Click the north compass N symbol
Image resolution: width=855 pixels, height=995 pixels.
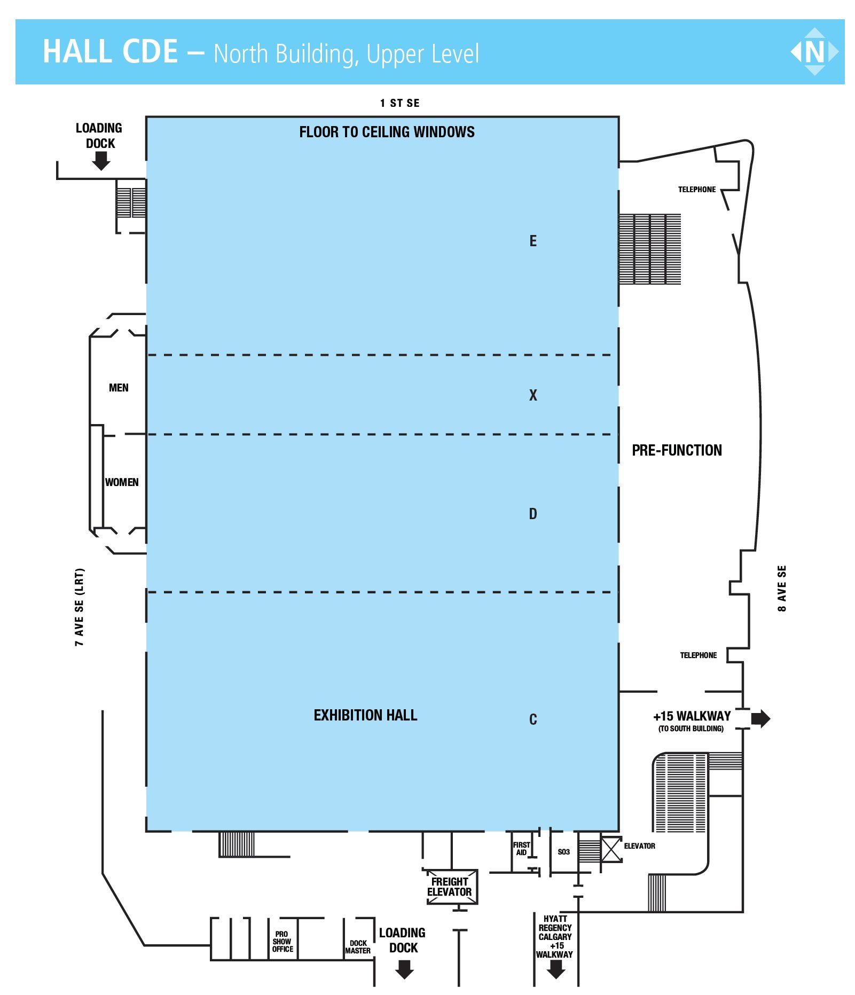(814, 52)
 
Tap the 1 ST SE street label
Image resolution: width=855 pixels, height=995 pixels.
(399, 103)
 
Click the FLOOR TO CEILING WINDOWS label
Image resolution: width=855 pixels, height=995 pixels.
(387, 132)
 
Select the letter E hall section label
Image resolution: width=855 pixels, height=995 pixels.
(532, 241)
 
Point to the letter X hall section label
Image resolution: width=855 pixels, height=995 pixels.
(532, 395)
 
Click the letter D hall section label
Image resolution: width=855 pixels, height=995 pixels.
(532, 514)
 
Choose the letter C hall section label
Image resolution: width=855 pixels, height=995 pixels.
(532, 719)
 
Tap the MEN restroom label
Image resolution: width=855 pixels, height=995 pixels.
(119, 388)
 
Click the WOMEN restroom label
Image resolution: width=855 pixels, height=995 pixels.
(122, 482)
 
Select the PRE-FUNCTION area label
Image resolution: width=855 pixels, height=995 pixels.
(677, 450)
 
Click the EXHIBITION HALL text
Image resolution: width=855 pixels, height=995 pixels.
(365, 715)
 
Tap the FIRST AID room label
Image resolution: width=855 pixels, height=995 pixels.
(521, 849)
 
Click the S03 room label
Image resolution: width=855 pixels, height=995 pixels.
(563, 852)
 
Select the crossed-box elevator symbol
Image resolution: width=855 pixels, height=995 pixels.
(611, 849)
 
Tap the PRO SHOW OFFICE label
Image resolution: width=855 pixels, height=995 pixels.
(283, 942)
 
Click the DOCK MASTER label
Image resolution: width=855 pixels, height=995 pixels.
(358, 947)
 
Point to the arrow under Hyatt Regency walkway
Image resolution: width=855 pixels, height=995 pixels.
(556, 969)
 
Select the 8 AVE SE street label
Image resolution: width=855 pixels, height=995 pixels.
(782, 588)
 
